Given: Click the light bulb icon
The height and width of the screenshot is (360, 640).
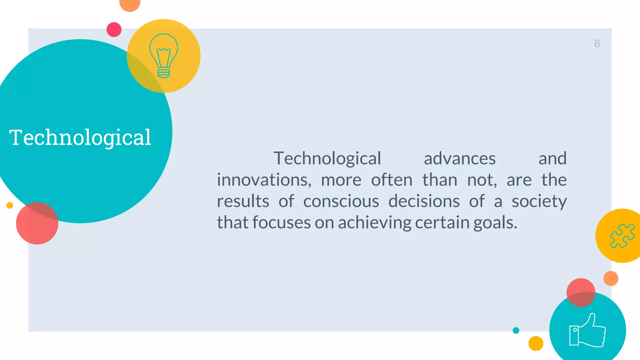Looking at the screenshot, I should pyautogui.click(x=163, y=56).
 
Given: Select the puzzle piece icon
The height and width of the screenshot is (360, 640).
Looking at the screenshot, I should pyautogui.click(x=622, y=236).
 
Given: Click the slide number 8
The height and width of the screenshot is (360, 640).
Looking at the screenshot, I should pyautogui.click(x=597, y=43).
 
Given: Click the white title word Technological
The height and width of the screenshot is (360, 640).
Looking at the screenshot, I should pyautogui.click(x=80, y=137).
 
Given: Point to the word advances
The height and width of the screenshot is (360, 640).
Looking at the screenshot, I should pyautogui.click(x=459, y=158).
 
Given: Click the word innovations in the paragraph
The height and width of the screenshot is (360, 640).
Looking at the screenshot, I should pyautogui.click(x=264, y=180).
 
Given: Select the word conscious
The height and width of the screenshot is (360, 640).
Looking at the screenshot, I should pyautogui.click(x=341, y=201).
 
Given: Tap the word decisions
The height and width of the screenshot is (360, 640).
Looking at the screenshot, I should pyautogui.click(x=424, y=201).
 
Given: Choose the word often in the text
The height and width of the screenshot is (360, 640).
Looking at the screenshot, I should pyautogui.click(x=392, y=180).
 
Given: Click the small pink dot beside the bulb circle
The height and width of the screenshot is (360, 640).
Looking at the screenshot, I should pyautogui.click(x=114, y=30).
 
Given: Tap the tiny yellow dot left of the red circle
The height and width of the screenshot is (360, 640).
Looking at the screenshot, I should pyautogui.click(x=10, y=205).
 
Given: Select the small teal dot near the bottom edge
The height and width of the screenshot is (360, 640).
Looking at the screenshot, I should pyautogui.click(x=516, y=330).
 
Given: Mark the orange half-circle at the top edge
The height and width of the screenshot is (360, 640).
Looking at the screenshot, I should pyautogui.click(x=130, y=4).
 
